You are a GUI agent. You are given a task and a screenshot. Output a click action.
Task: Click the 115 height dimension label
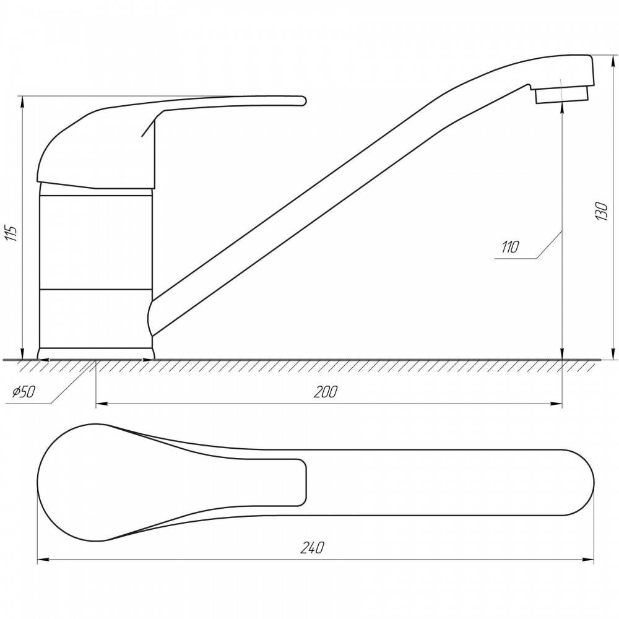pos(12,234)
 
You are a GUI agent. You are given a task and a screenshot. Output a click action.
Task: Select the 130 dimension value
pos(602,211)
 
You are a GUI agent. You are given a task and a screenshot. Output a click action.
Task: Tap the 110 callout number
pos(509,247)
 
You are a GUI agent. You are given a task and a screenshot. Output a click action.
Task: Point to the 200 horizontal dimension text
pos(326,392)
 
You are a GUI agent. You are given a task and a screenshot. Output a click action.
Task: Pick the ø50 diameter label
pos(24,392)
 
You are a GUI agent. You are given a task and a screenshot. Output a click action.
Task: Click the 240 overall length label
pos(312,548)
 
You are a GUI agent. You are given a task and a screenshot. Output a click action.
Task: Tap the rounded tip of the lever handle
pos(303,101)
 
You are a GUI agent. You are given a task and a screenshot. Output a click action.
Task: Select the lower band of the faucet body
pos(96,318)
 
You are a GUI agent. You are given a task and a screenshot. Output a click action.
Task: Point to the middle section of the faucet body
pos(96,242)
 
